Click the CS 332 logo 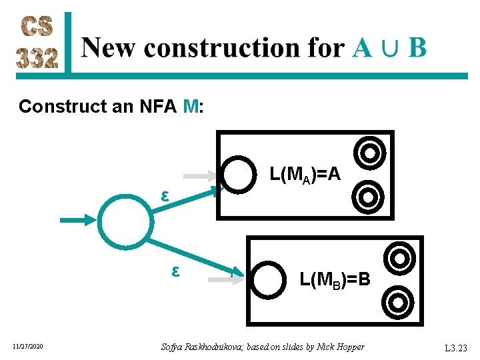[39, 42]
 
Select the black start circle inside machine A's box [239, 173]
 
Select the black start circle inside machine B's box [269, 280]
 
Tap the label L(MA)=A [305, 175]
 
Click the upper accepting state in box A [367, 153]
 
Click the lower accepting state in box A [367, 197]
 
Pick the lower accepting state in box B [398, 302]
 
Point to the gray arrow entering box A [200, 176]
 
